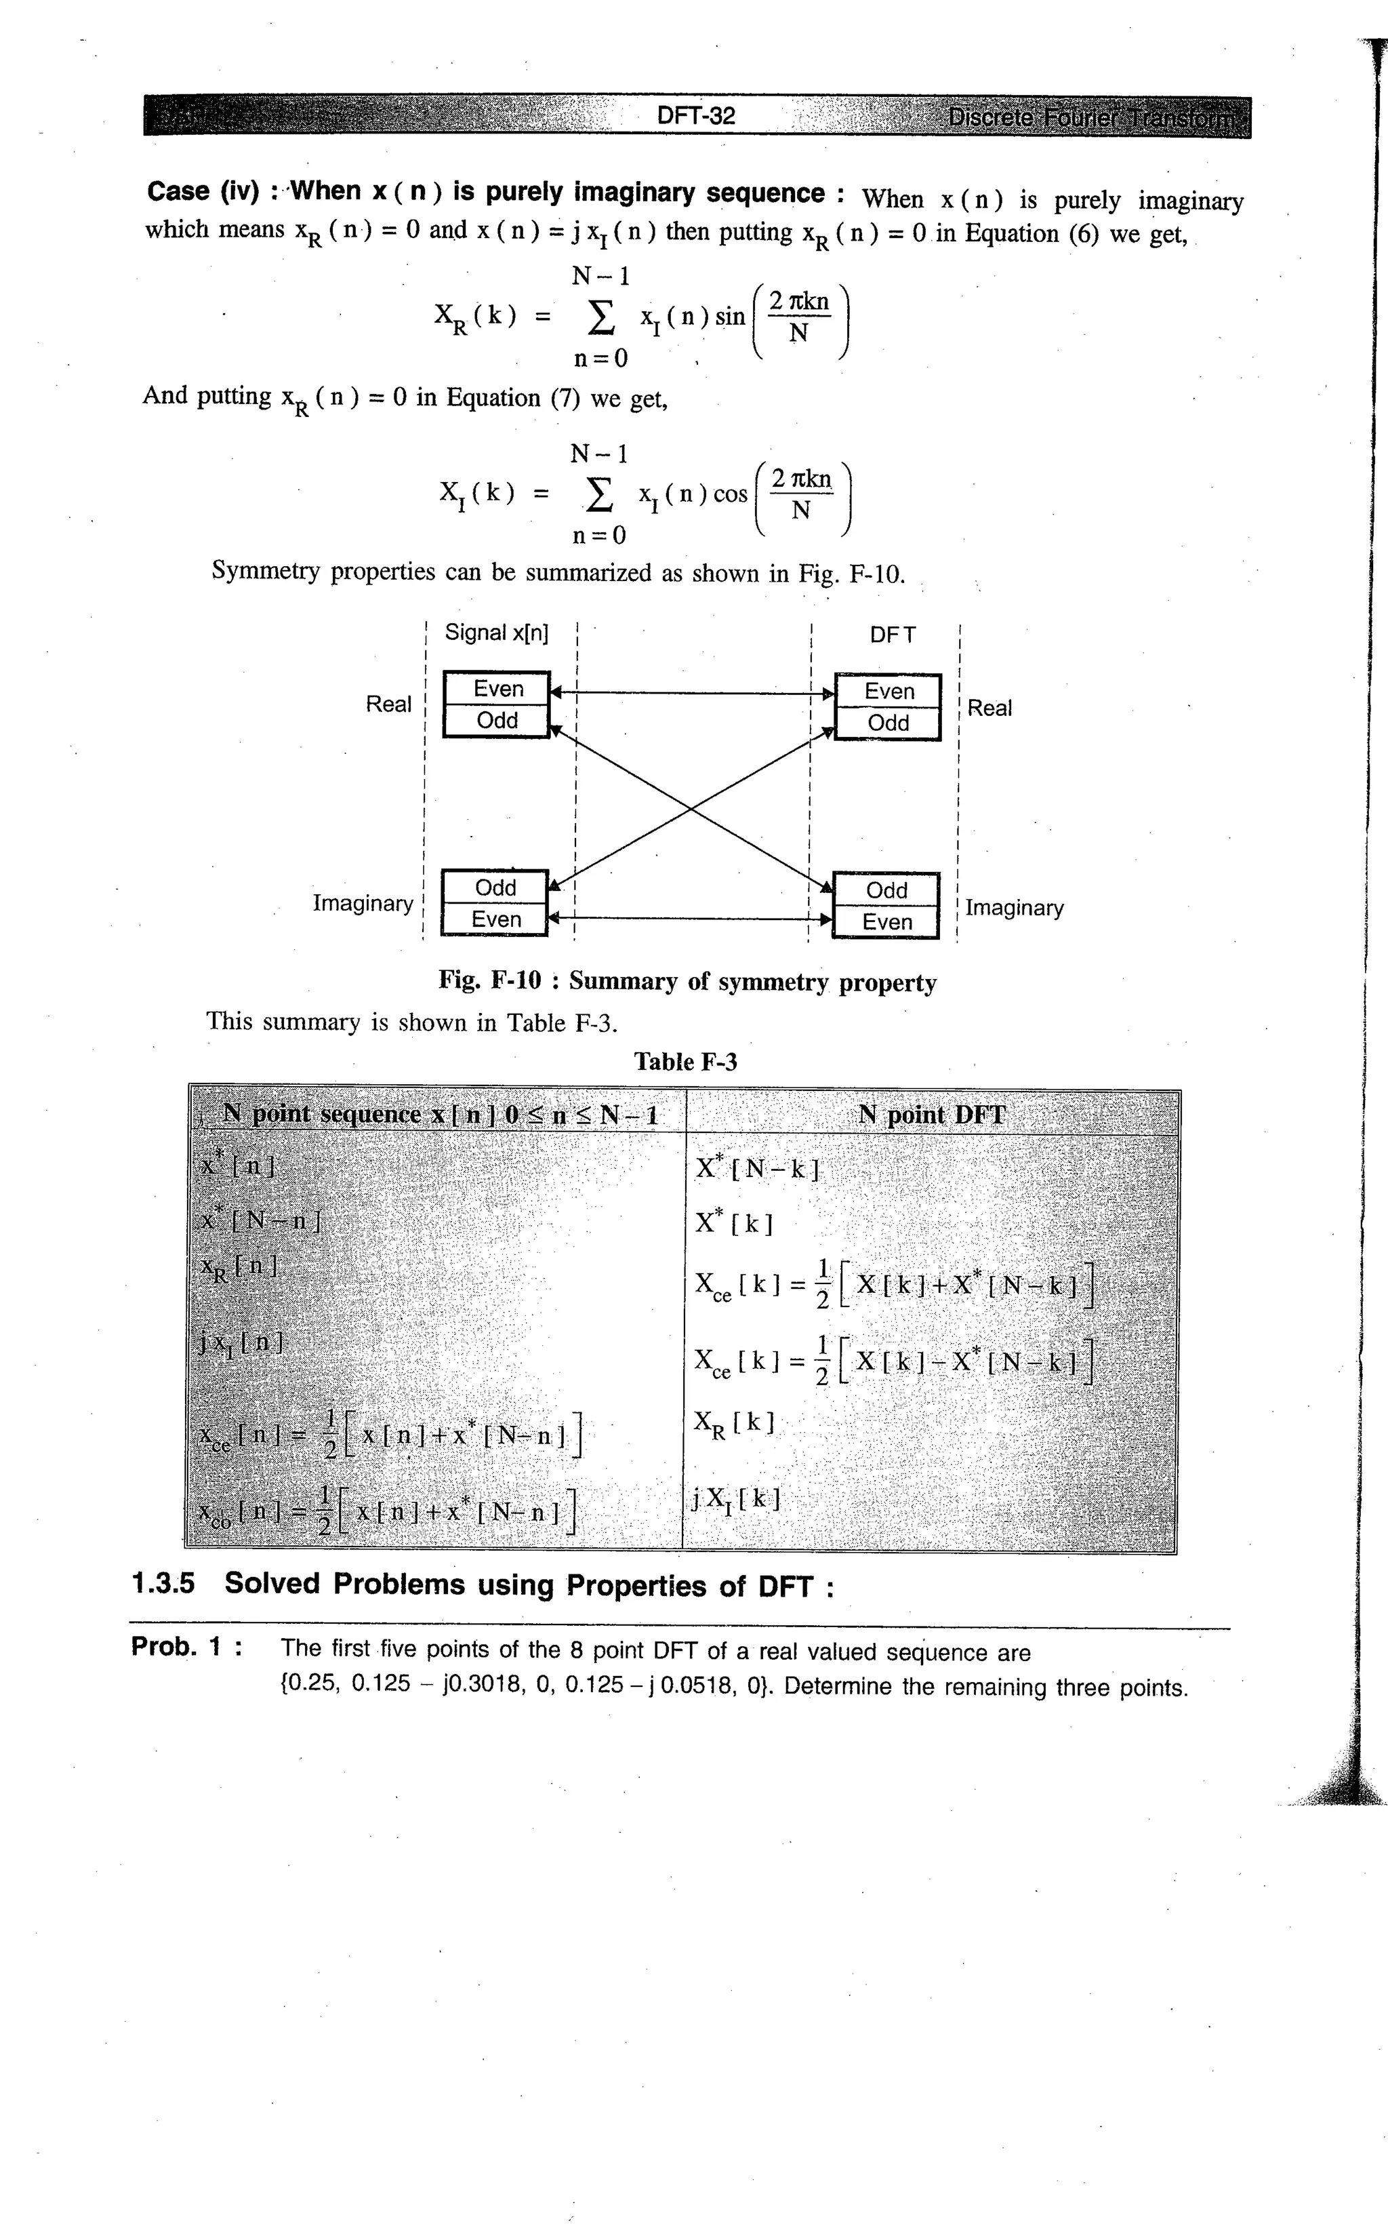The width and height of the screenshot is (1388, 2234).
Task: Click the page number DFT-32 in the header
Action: point(696,116)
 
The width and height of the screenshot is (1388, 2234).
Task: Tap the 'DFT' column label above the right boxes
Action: point(891,635)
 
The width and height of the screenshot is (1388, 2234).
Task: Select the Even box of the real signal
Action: point(497,689)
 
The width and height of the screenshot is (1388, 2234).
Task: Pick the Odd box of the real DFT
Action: point(888,723)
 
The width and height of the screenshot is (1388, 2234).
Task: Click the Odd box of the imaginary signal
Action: point(495,887)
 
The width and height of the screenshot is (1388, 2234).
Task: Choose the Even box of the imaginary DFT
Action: point(886,922)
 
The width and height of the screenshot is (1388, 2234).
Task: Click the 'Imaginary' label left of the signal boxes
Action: point(363,904)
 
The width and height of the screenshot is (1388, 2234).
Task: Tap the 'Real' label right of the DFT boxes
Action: point(989,708)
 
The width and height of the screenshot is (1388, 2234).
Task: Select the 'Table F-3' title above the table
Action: point(685,1062)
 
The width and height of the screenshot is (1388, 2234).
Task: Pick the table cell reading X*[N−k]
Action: point(757,1168)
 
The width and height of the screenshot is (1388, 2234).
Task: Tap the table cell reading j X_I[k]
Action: point(736,1500)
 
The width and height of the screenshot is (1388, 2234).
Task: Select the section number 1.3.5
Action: point(163,1584)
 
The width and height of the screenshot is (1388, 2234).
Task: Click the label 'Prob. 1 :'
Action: point(187,1646)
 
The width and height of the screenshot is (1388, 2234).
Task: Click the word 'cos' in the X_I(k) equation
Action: point(730,495)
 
